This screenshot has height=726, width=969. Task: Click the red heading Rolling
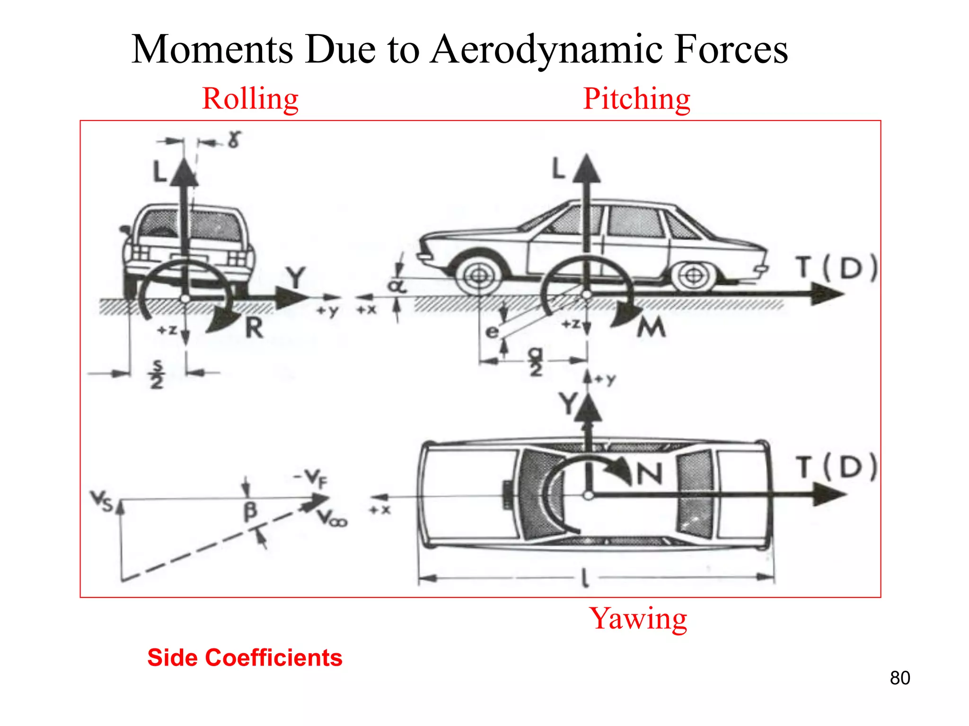click(x=250, y=99)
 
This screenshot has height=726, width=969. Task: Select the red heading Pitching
click(x=636, y=99)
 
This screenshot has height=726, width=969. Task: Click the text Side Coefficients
click(x=245, y=657)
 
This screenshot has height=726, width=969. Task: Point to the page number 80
click(x=899, y=678)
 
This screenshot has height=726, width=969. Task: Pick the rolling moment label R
click(x=254, y=328)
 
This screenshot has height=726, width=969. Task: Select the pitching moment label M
click(x=651, y=327)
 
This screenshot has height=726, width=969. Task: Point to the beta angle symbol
click(x=250, y=511)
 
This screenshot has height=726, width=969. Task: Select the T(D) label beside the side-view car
click(x=837, y=268)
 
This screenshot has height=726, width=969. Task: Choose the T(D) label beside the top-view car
click(x=837, y=467)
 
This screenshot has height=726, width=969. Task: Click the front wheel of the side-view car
click(x=479, y=276)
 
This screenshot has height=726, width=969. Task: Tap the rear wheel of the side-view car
click(x=693, y=275)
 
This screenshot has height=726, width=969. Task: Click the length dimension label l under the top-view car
click(x=585, y=578)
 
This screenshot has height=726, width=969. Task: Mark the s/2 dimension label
click(x=157, y=374)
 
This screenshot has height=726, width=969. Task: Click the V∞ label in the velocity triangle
click(x=332, y=519)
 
